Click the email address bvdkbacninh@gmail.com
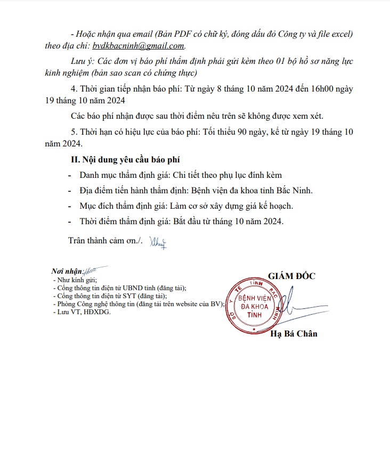pos(139,46)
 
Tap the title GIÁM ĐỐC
pos(291,276)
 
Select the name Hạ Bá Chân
pos(294,334)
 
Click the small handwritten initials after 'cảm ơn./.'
pos(158,242)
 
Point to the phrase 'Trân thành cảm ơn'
pos(100,241)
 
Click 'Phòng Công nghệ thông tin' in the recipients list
pos(94,304)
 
